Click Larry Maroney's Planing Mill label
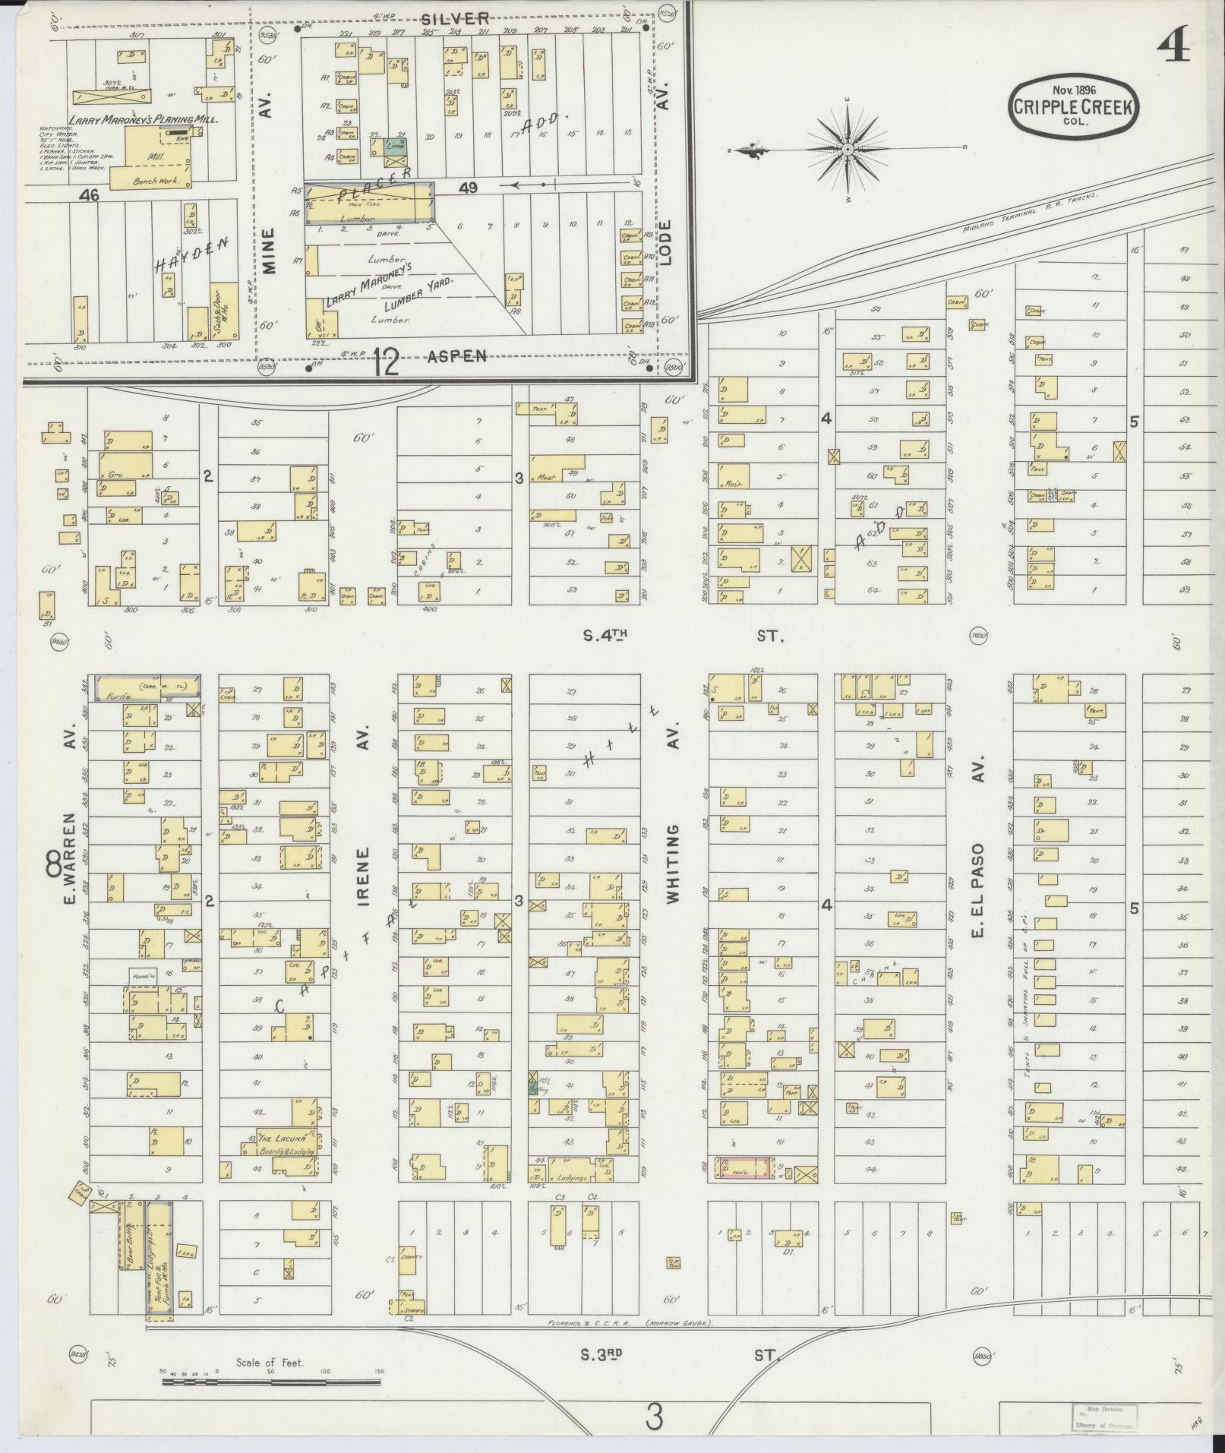coord(143,120)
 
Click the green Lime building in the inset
coord(394,147)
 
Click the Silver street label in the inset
coord(455,18)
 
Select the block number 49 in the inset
coord(468,188)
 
